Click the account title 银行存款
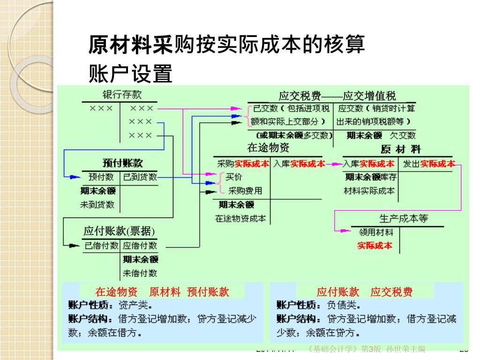point(122,95)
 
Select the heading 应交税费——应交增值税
point(337,96)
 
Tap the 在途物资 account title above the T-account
point(268,148)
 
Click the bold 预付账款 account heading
point(122,163)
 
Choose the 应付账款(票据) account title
point(119,231)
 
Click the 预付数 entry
point(101,177)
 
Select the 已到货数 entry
point(140,177)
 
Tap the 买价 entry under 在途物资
point(234,177)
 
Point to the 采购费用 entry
point(245,191)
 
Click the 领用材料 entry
point(376,232)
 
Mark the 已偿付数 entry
point(101,245)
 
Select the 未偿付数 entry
point(140,273)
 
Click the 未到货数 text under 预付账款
point(97,204)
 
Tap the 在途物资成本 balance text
point(240,218)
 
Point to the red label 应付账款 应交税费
point(365,292)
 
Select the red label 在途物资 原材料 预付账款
point(162,292)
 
